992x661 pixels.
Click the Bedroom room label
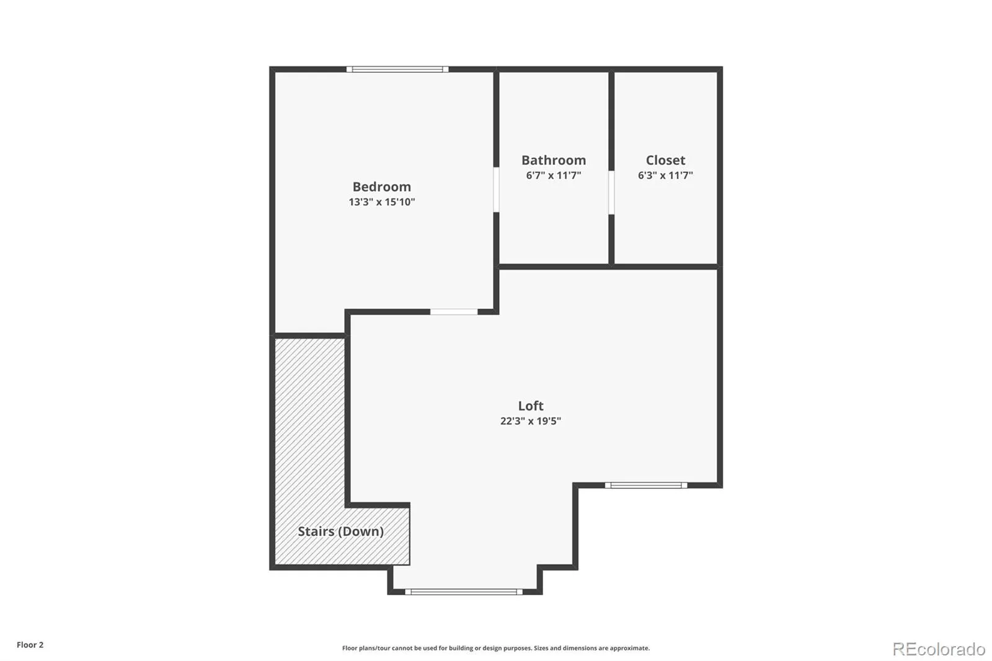click(381, 187)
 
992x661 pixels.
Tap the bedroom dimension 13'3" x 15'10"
click(381, 202)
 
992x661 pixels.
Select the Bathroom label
click(554, 160)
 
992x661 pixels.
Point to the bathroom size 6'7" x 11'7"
click(554, 175)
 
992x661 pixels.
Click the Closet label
click(665, 160)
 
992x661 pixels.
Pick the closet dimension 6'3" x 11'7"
click(665, 175)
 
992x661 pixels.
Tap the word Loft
click(531, 406)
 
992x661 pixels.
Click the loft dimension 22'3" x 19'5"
click(531, 421)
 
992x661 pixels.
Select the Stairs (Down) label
click(340, 531)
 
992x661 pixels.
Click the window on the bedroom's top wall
click(397, 69)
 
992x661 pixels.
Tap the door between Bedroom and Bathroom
click(496, 190)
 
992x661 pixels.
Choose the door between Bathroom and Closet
click(611, 192)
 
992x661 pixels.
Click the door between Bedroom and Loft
click(454, 312)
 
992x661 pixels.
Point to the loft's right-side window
click(646, 485)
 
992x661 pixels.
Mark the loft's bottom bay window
click(464, 592)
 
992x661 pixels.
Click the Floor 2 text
click(30, 645)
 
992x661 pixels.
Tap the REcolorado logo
click(939, 649)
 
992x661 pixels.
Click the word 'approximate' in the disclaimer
click(630, 648)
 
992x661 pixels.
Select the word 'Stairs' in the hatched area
click(316, 531)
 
